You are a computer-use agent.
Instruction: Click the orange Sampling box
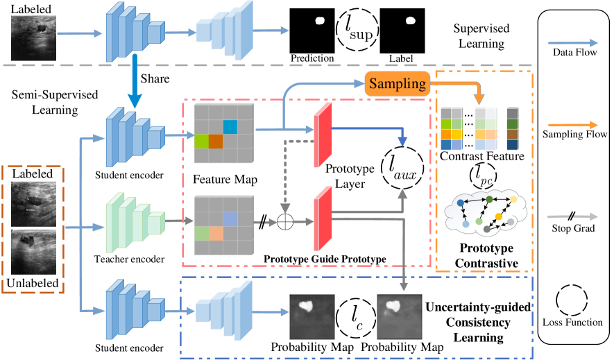click(x=397, y=84)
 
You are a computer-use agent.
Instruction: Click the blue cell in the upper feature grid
click(x=230, y=127)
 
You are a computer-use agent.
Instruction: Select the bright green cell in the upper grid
click(x=201, y=142)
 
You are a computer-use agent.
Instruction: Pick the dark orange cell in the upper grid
click(x=216, y=142)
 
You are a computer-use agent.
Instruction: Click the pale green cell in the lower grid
click(x=201, y=233)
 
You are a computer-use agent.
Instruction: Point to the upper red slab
click(x=323, y=135)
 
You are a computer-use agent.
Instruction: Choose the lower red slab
click(x=323, y=218)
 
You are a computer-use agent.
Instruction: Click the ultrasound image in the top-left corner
click(x=34, y=37)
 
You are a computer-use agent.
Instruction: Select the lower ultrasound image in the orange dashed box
click(x=34, y=252)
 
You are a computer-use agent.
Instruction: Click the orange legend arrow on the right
click(x=572, y=125)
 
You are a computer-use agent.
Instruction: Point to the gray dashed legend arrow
click(x=572, y=217)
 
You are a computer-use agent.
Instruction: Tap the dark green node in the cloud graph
click(x=489, y=200)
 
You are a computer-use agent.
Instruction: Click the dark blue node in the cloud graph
click(x=460, y=203)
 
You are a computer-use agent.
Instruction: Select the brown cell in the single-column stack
click(x=513, y=135)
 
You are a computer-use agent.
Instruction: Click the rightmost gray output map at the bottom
click(x=399, y=316)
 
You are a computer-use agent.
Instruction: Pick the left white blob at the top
click(x=320, y=21)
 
